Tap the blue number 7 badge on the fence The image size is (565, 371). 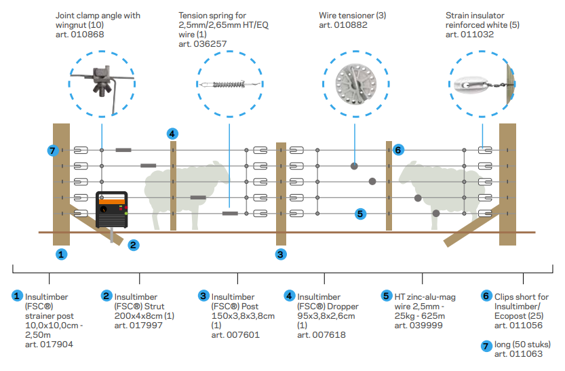[53, 150]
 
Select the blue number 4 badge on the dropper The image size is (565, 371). [173, 134]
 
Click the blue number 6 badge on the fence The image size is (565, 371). [398, 149]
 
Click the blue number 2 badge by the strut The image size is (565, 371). [134, 245]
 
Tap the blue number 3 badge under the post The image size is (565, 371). [281, 254]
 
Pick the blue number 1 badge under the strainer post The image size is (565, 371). [61, 254]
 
